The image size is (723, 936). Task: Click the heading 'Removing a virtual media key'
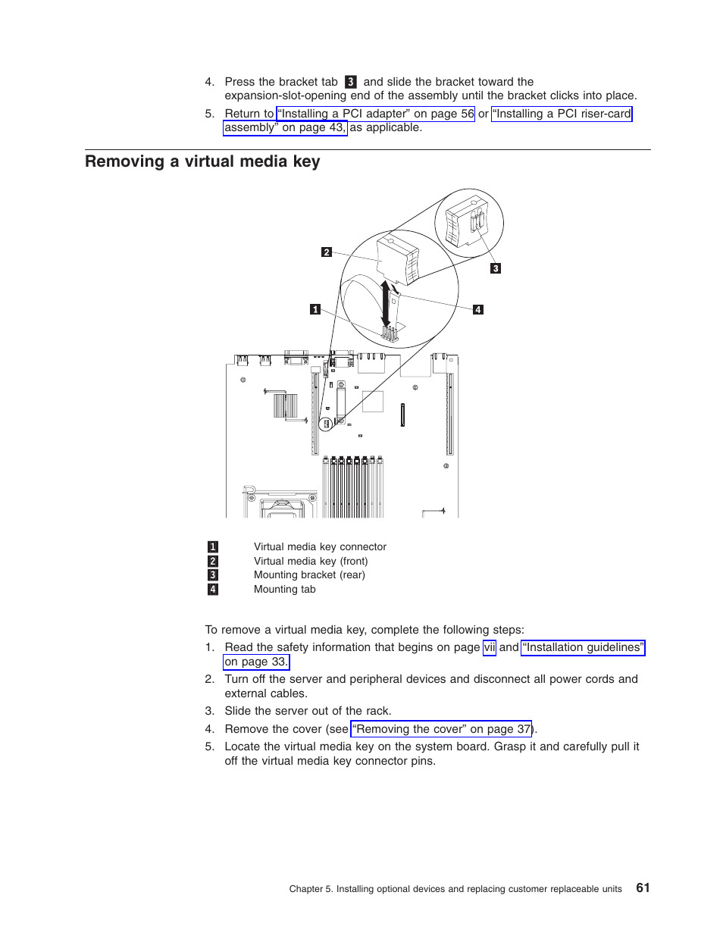202,161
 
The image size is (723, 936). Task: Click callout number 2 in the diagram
327,252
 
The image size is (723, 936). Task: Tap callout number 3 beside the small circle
496,268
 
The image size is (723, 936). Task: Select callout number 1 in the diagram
315,309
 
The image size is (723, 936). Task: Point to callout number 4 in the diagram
478,309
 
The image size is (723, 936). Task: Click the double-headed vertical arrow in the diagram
386,304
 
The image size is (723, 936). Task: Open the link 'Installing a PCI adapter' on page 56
376,114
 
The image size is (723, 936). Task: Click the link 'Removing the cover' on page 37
441,729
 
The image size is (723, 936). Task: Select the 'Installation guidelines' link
583,647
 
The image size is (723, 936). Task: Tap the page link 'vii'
489,647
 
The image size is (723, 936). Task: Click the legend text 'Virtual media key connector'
320,546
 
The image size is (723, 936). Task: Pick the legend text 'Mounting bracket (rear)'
309,574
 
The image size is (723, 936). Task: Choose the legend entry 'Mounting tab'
284,589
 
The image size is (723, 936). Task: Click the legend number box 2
213,561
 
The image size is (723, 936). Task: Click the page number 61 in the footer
643,887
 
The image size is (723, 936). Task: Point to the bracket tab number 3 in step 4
350,82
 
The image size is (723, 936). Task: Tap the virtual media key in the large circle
399,260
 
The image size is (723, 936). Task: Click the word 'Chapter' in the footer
305,889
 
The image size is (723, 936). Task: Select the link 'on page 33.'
256,662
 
